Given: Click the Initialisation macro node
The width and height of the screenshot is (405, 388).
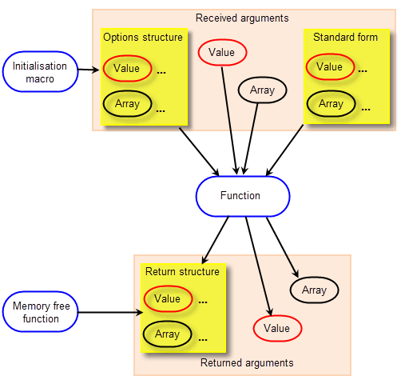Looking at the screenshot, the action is [x=40, y=72].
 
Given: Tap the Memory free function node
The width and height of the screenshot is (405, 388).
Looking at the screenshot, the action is [x=40, y=312].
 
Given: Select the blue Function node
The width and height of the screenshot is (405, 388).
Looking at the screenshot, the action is [x=243, y=196].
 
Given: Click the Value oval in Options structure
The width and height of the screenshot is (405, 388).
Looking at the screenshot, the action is [x=127, y=69].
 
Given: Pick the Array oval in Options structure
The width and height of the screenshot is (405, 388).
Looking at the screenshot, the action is [x=127, y=104].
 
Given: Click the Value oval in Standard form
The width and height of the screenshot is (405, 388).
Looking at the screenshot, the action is [x=330, y=66].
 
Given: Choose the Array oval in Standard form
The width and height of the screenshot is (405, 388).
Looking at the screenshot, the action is [x=331, y=104].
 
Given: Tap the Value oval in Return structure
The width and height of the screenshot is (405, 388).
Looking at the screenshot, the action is [x=168, y=298].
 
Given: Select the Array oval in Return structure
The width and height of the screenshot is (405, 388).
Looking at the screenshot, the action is [x=167, y=334].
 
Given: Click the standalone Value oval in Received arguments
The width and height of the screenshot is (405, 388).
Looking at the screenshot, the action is [x=222, y=52].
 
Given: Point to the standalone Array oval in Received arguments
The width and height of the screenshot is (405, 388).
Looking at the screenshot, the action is [x=262, y=90].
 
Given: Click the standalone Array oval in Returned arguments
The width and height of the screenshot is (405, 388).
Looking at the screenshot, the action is [x=314, y=290].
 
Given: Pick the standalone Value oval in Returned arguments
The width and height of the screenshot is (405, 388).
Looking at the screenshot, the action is [x=277, y=328].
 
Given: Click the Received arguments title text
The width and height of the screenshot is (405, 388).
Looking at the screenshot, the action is [x=242, y=18].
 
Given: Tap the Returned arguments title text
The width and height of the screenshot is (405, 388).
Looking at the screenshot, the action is [x=247, y=363].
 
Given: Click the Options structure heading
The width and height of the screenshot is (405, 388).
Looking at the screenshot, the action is [x=143, y=38].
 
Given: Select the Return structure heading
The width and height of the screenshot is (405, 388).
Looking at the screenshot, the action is [x=182, y=272].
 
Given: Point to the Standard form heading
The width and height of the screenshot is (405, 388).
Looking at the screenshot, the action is [x=345, y=37].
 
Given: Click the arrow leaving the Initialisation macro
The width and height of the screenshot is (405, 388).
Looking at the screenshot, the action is [x=89, y=70].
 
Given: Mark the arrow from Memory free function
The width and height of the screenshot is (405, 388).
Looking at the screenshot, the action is [x=110, y=312].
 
